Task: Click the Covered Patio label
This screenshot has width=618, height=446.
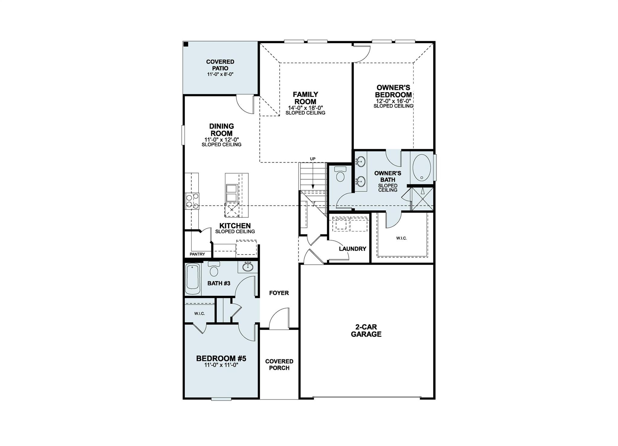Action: click(x=220, y=65)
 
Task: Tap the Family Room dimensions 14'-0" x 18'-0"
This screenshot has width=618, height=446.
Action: click(x=305, y=108)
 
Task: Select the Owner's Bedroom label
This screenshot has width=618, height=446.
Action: click(x=393, y=91)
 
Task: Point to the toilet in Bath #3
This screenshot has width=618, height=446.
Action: click(x=214, y=270)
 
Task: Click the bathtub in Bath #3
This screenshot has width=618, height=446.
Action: click(x=192, y=279)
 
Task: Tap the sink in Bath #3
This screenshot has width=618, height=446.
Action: click(x=248, y=267)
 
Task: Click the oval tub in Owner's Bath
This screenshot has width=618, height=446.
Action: click(x=422, y=168)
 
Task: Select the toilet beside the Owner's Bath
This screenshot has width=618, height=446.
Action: click(x=340, y=175)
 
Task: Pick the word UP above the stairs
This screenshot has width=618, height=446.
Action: click(x=313, y=159)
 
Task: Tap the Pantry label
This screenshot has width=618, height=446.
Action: click(x=197, y=254)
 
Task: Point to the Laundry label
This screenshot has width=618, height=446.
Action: click(x=352, y=249)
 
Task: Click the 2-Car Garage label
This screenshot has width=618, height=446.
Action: click(x=366, y=331)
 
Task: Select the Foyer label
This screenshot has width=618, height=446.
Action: click(x=279, y=293)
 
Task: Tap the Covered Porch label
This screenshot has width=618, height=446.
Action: click(x=279, y=364)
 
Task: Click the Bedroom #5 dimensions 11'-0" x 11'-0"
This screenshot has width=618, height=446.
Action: click(x=221, y=365)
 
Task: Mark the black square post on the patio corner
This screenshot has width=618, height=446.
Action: click(x=186, y=44)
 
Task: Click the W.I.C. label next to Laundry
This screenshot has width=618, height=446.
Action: click(x=401, y=238)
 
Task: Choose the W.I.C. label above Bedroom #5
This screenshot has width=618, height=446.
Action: click(x=199, y=314)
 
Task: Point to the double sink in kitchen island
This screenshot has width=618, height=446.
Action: click(x=231, y=193)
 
